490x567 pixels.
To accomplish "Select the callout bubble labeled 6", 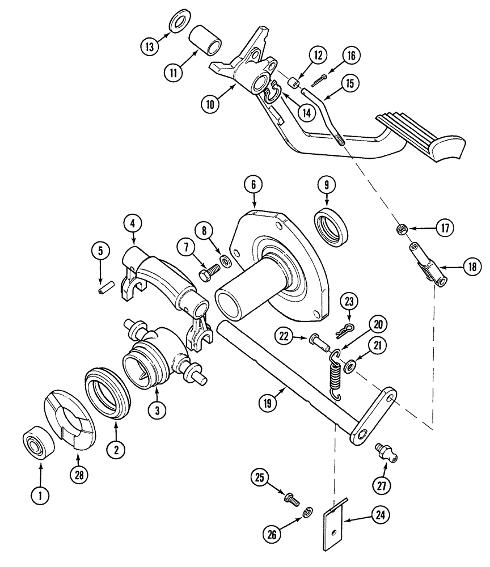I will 254,184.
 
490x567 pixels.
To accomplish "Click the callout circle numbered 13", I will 150,47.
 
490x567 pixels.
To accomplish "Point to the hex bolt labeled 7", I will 208,273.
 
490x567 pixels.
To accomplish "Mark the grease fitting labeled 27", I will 385,451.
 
